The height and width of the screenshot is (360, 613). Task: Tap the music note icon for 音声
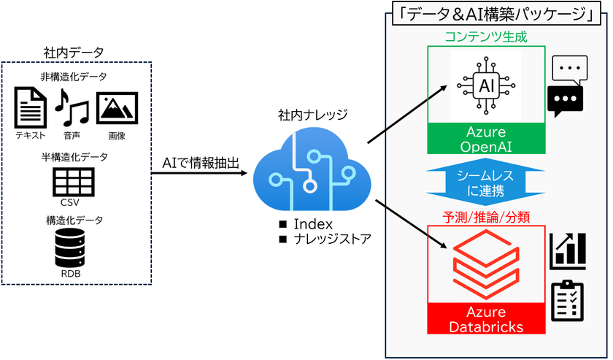[71, 106]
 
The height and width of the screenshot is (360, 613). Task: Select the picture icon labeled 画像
[117, 107]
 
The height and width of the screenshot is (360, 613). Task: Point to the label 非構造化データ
[74, 77]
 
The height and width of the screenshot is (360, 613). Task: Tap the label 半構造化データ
[74, 157]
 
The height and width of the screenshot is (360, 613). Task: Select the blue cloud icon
[306, 169]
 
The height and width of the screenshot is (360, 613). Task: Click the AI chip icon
[487, 85]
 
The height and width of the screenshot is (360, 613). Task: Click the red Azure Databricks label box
[487, 320]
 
